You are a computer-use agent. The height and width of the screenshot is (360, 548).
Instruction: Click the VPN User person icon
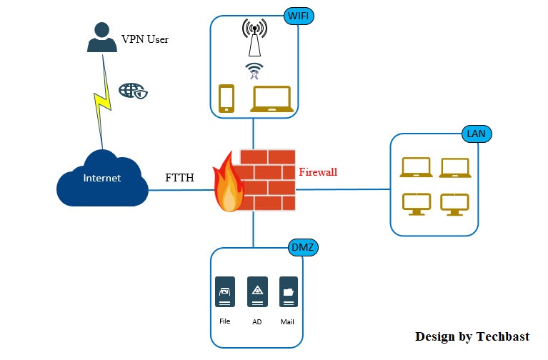coord(102,38)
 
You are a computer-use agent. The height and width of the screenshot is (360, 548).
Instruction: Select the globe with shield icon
coord(134,91)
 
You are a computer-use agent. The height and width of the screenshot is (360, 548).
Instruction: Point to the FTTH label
coord(179,177)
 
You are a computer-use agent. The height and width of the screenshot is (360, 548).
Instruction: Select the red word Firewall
coord(317,172)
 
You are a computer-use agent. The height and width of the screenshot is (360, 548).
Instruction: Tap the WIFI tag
coord(300,16)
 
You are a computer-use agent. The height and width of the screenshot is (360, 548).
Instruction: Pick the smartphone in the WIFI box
coord(226,99)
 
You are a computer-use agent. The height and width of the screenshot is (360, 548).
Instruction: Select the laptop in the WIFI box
coord(271,99)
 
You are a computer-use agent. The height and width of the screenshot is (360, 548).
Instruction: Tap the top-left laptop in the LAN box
coord(416,167)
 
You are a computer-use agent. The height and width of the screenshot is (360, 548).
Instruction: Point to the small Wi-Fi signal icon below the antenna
coord(254,71)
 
